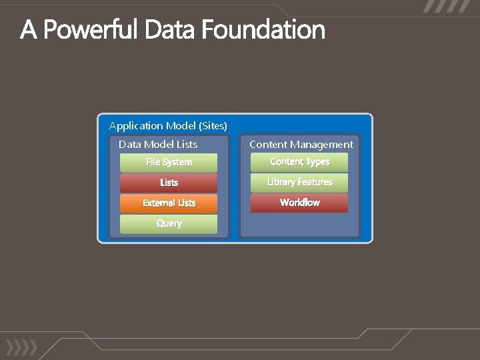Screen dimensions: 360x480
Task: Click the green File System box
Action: tap(169, 163)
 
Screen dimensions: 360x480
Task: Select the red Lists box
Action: tap(169, 183)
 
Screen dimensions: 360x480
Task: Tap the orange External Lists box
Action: tap(169, 203)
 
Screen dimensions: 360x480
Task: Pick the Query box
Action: tap(169, 224)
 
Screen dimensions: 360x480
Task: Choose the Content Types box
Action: tap(299, 162)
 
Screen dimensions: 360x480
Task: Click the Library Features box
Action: tap(299, 183)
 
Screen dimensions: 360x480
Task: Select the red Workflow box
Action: tap(299, 203)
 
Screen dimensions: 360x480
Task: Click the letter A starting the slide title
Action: tap(29, 30)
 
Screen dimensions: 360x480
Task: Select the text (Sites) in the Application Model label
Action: tap(213, 125)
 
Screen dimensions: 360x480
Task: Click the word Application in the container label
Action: tap(135, 125)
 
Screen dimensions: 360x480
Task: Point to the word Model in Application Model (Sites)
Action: tap(181, 125)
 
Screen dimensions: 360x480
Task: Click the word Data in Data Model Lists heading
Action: tap(129, 144)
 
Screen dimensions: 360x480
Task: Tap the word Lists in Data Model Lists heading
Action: tap(186, 144)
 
